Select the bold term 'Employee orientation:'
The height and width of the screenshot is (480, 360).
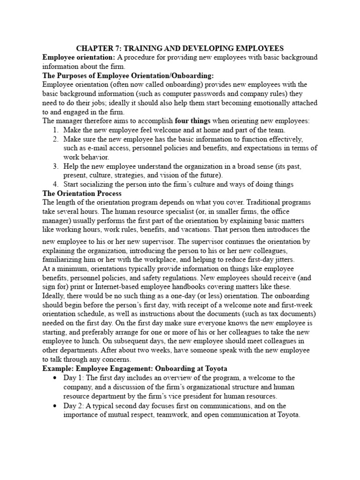point(78,57)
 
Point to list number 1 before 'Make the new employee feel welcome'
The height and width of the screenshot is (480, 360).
point(55,130)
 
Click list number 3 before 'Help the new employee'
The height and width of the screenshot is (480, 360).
point(55,166)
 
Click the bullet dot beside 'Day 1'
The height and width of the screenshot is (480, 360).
point(56,378)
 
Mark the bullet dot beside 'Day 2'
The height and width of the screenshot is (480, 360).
point(56,405)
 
